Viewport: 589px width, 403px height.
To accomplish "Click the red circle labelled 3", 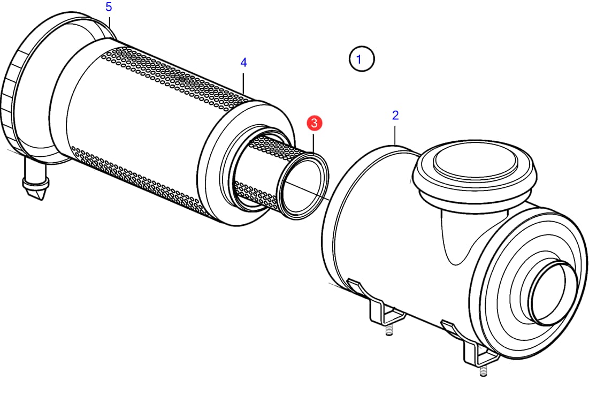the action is coord(314,123).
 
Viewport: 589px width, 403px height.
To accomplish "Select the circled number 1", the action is coord(362,59).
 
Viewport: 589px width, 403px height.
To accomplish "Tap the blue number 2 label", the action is coord(395,116).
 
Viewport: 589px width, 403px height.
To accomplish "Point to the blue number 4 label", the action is coord(243,63).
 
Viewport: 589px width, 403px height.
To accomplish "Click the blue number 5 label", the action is coord(109,7).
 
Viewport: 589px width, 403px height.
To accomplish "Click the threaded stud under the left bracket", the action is coord(389,330).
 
